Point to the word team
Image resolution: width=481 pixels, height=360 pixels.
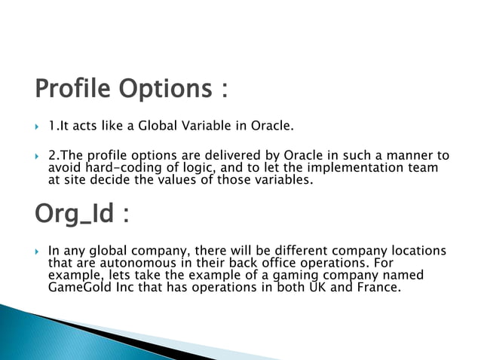(422, 168)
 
